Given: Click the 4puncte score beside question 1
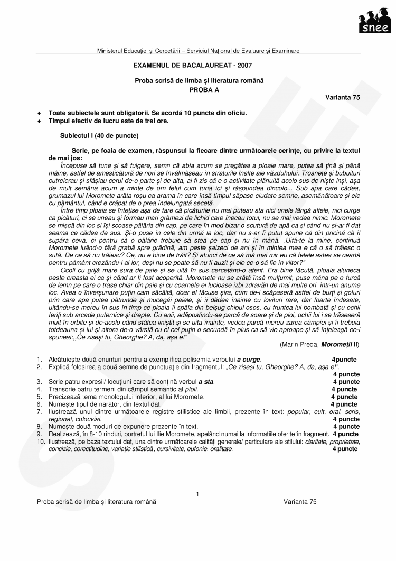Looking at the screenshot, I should (x=344, y=360).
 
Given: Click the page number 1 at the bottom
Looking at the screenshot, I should (x=197, y=494).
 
